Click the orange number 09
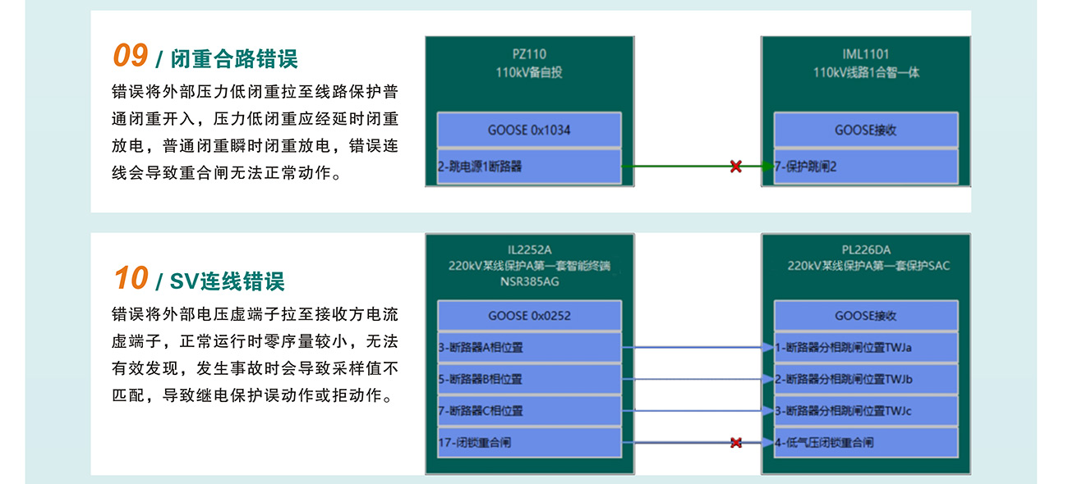pos(130,57)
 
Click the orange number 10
pos(131,279)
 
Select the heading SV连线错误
pos(227,281)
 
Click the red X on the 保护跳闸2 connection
pos(735,167)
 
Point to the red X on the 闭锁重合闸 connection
pos(735,443)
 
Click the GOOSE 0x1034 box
pos(529,130)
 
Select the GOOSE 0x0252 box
pos(529,316)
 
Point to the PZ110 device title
pos(529,55)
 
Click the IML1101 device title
pos(866,55)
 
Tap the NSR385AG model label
pos(529,281)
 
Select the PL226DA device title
pos(866,250)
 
